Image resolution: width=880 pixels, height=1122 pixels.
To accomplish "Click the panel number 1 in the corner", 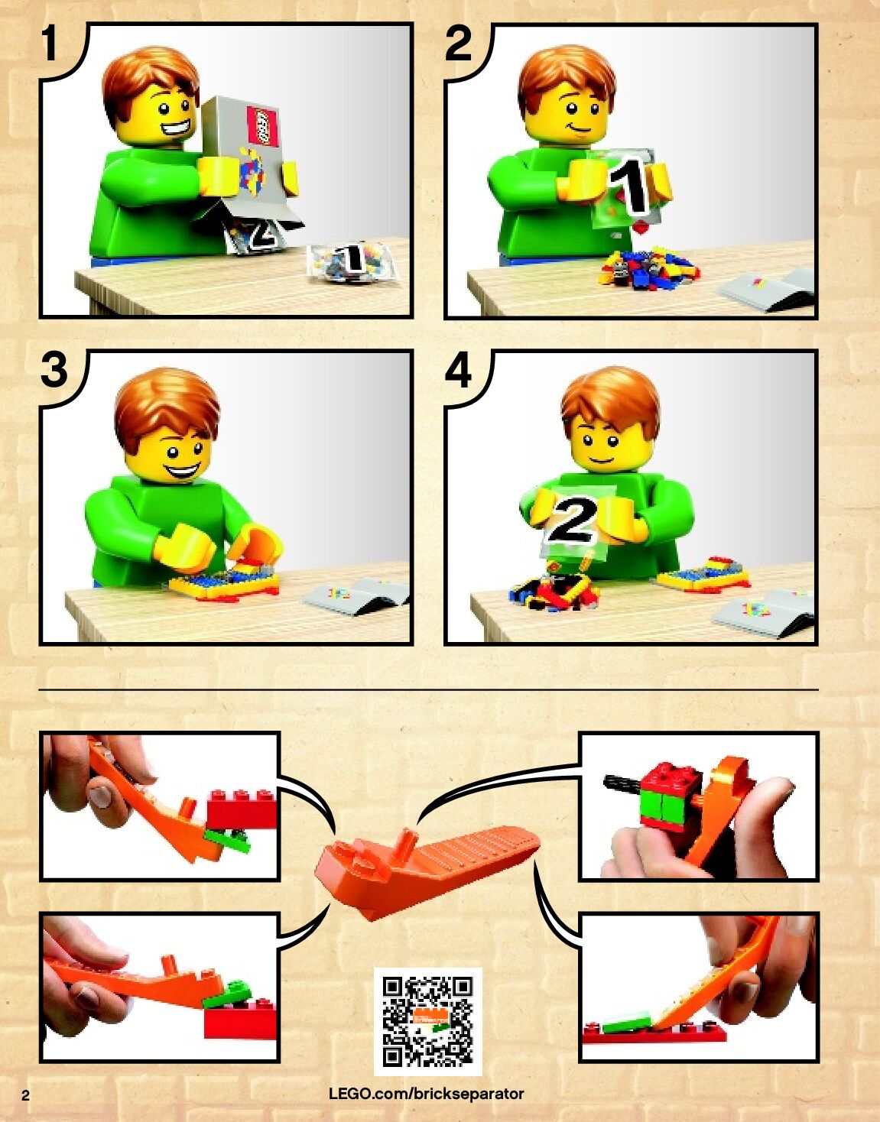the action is click(50, 43).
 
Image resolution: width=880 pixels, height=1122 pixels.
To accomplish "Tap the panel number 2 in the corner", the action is click(458, 44).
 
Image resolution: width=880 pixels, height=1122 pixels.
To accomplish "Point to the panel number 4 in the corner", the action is click(458, 370).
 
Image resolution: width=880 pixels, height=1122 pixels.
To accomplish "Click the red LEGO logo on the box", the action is click(263, 125).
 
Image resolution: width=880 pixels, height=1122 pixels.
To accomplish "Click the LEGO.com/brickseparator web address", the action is click(427, 1094).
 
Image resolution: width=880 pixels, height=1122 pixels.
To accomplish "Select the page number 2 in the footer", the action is click(25, 1096).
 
